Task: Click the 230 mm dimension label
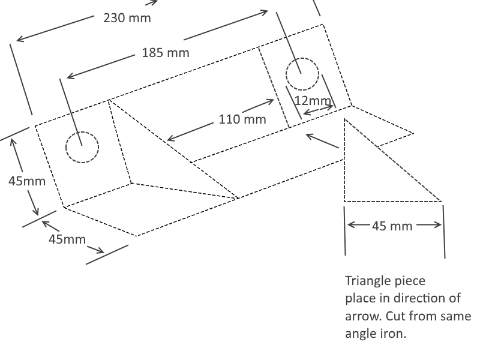(127, 18)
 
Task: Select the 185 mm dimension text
(166, 53)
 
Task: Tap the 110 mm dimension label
(242, 119)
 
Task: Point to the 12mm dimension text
(313, 101)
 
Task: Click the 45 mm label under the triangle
(392, 226)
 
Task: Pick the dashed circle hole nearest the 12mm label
(302, 58)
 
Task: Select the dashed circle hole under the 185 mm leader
(82, 132)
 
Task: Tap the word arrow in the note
(363, 316)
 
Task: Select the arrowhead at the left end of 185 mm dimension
(69, 76)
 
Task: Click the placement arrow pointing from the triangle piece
(322, 141)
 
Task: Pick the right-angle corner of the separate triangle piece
(344, 202)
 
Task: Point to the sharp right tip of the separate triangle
(442, 202)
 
